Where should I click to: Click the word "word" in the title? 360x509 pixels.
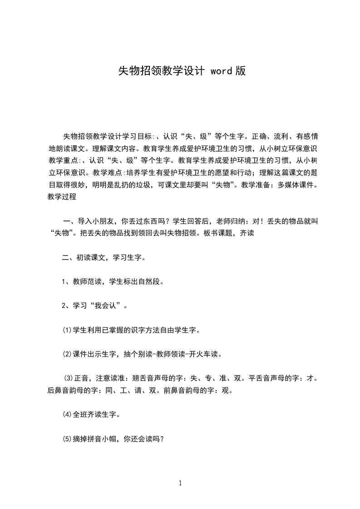tap(222, 71)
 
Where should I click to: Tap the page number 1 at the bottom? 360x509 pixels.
tap(180, 483)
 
